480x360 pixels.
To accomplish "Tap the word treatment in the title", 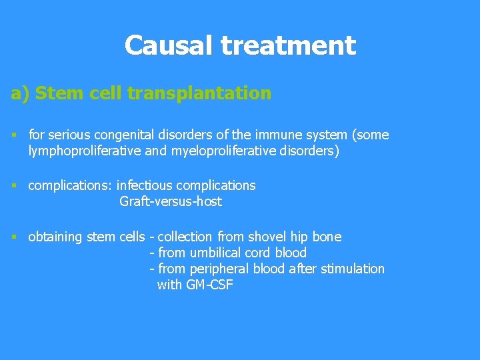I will tap(288, 46).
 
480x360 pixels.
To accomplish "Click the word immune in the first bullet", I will tap(266, 135).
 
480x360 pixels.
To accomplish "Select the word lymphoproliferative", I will tap(84, 151).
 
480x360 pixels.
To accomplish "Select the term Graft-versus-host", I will tap(171, 201).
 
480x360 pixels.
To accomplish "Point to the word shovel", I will tap(267, 237).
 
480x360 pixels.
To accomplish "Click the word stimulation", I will tap(353, 269).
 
